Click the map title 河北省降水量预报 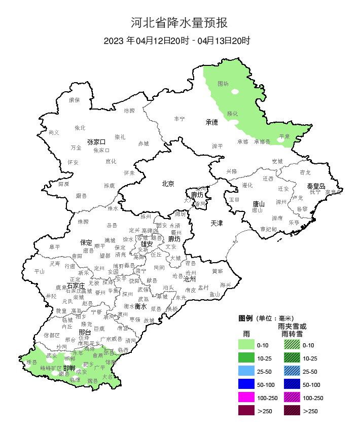point(179,22)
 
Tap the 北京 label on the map point(168,184)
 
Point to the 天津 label point(217,223)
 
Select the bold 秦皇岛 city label point(315,186)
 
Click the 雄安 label point(147,244)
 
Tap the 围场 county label point(223,84)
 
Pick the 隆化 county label point(232,114)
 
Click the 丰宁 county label point(179,119)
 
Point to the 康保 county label point(75,100)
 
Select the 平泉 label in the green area point(284,136)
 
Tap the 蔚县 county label point(81,195)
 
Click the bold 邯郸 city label point(69,367)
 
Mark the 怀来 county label point(129,173)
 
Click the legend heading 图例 point(245,318)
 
